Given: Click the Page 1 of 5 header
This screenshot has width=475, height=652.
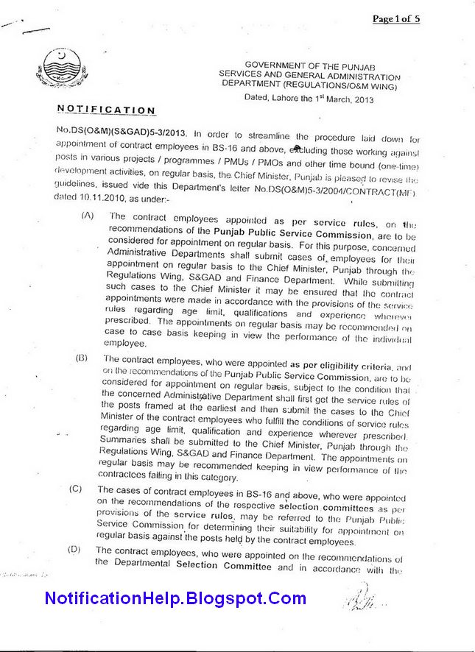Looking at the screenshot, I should (395, 19).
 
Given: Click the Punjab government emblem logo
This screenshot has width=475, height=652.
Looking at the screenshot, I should (54, 68).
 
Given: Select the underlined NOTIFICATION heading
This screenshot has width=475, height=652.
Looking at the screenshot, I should (106, 110).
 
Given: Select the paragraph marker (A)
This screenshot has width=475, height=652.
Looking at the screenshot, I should (88, 216).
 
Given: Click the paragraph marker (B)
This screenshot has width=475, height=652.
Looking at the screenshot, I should (81, 358).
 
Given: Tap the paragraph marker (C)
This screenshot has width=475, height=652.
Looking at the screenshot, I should (76, 489).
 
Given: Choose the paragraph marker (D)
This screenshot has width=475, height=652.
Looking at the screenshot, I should (74, 550).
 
